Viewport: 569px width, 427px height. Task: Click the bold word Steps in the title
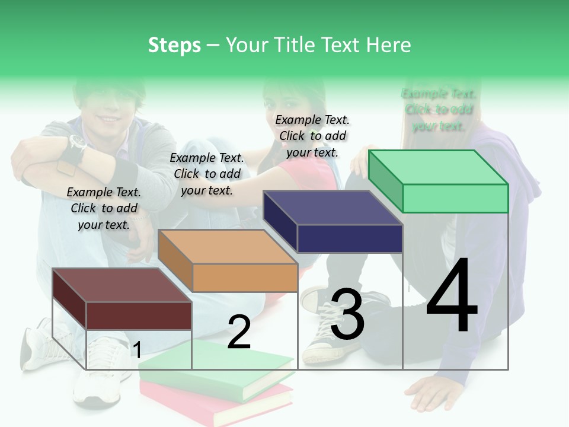click(x=174, y=45)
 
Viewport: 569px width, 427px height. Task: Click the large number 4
click(x=452, y=296)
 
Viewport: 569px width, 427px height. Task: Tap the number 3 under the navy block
click(x=347, y=314)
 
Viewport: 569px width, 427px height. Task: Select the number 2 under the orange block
click(x=239, y=332)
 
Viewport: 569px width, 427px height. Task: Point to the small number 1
click(x=137, y=350)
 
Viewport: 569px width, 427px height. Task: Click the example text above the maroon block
click(x=104, y=208)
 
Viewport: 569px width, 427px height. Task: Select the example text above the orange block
click(x=207, y=174)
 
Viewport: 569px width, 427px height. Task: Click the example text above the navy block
click(x=312, y=136)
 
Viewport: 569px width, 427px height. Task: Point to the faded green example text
click(x=439, y=110)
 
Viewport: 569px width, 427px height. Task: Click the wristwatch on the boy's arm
click(x=78, y=143)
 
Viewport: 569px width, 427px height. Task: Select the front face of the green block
click(x=455, y=198)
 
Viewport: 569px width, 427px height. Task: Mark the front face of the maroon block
click(x=139, y=316)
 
